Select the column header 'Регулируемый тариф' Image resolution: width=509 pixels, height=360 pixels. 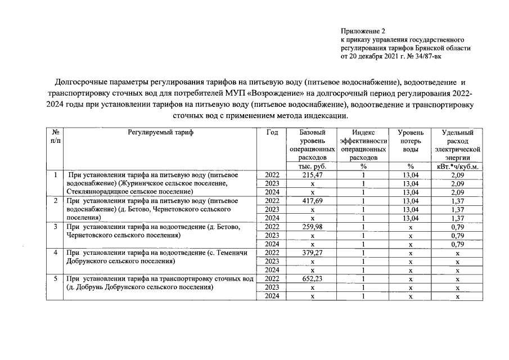pos(160,132)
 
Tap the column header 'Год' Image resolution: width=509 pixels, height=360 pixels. pos(272,132)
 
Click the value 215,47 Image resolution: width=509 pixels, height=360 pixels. pos(312,175)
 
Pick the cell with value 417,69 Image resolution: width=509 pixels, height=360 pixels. pos(312,201)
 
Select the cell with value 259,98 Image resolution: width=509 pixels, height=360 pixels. pos(312,227)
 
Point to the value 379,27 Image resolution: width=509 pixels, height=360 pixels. pos(312,253)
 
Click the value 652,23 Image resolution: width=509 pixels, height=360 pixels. pos(312,278)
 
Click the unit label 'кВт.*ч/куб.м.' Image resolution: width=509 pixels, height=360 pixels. pos(457,166)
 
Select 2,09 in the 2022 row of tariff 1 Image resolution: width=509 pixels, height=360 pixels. pos(457,175)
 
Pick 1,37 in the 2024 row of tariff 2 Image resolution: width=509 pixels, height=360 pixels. pos(457,218)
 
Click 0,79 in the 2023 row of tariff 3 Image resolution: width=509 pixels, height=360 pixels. pos(457,235)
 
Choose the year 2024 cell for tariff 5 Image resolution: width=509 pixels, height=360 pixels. pos(272,296)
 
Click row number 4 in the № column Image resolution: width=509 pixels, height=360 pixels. pos(55,253)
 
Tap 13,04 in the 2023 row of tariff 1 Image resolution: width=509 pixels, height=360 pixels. pos(411,183)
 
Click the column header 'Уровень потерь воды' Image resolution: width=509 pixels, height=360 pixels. pos(411,141)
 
